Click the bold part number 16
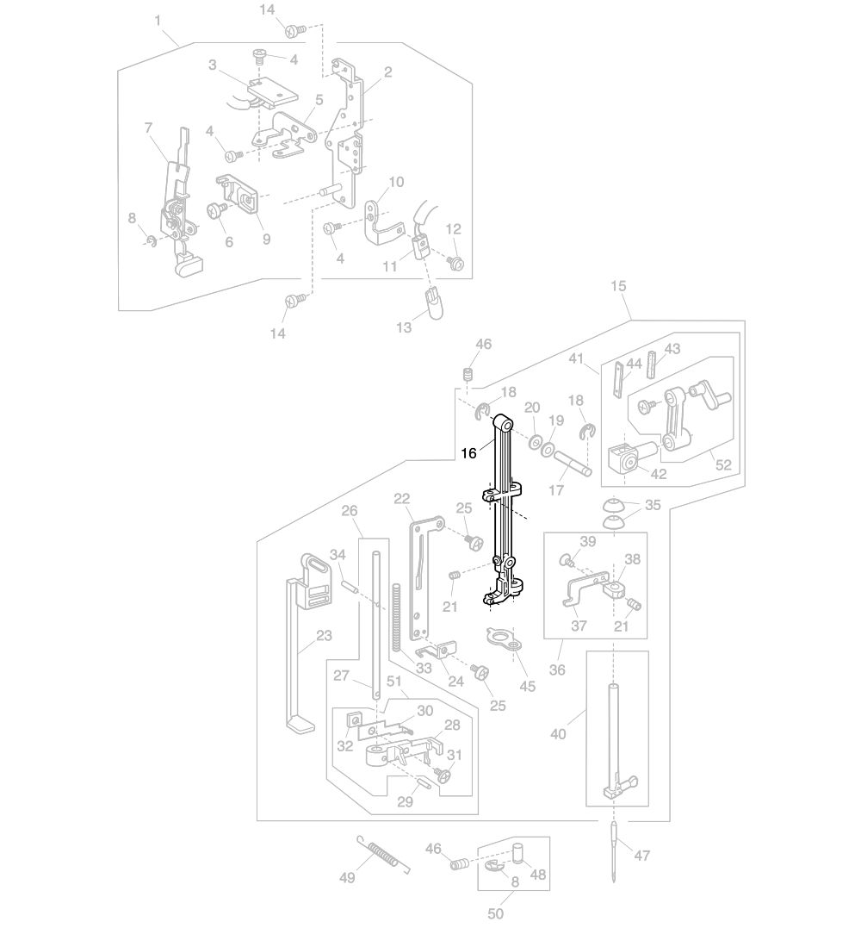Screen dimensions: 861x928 click(x=468, y=453)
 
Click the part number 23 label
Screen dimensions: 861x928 click(x=324, y=636)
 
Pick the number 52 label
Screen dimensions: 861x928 click(x=723, y=464)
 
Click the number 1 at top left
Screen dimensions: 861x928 click(x=158, y=21)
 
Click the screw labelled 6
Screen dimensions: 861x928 click(x=217, y=209)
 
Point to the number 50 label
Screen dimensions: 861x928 click(x=496, y=913)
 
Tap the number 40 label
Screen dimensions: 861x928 click(x=558, y=734)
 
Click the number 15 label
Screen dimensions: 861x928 click(x=618, y=286)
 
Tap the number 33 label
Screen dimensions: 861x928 click(x=424, y=668)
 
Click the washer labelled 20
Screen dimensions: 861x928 click(x=536, y=441)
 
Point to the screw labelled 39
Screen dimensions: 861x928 click(x=566, y=559)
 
